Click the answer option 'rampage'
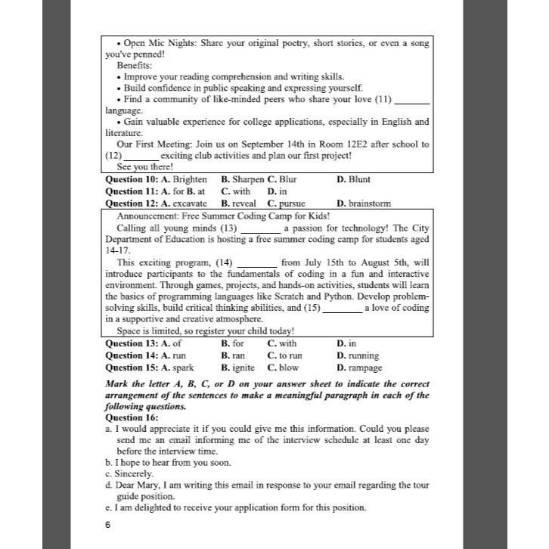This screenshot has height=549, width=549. point(366,368)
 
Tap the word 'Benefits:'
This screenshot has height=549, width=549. point(135,66)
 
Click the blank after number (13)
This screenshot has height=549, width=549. point(259,228)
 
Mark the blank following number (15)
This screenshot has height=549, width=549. point(342,309)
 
